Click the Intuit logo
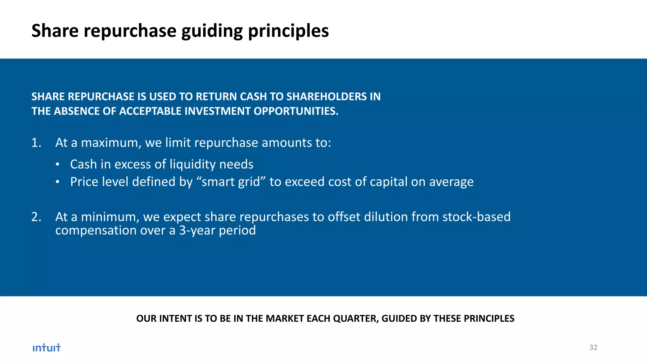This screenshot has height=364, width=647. (x=47, y=348)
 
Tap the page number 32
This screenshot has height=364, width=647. (x=593, y=348)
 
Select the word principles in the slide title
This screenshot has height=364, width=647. (x=288, y=31)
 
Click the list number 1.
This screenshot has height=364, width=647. (x=36, y=143)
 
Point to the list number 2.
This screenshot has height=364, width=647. (x=36, y=217)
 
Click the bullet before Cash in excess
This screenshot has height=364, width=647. (x=57, y=165)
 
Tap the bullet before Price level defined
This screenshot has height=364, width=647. (x=57, y=182)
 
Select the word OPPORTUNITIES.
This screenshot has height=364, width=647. (x=296, y=111)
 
